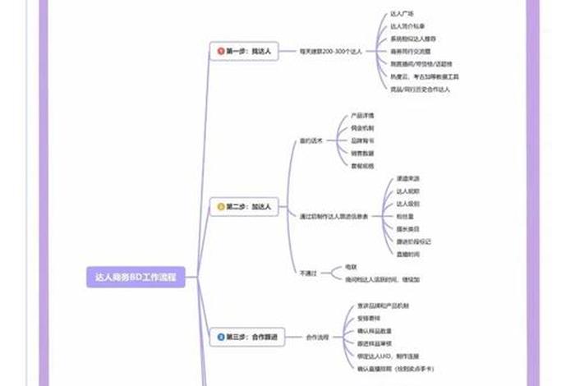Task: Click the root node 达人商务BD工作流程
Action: coord(136,278)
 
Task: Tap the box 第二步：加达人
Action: coord(245,207)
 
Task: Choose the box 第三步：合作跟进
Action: coord(246,338)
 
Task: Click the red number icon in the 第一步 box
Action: coord(221,51)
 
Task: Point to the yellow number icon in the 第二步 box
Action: coord(221,207)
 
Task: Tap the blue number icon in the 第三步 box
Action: coord(221,338)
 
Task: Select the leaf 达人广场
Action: coord(402,13)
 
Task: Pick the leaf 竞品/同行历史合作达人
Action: coord(420,89)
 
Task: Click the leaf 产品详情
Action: coord(362,116)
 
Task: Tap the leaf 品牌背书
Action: coord(362,140)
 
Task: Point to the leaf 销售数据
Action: coord(362,153)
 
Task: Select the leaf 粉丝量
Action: coord(407,216)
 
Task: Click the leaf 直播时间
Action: coord(408,254)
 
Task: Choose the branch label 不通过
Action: coord(308,273)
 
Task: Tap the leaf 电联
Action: coord(351,267)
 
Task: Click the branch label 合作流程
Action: coord(317,338)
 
